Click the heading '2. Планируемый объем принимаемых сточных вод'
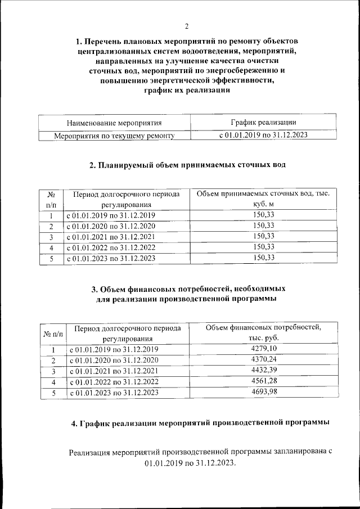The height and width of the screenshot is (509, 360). [187, 165]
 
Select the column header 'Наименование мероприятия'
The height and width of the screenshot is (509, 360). [114, 123]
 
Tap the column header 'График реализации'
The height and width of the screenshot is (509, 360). [263, 122]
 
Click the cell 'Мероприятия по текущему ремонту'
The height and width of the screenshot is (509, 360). [114, 136]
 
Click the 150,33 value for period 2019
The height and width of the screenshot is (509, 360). [263, 215]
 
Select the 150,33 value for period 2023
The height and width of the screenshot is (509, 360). [263, 258]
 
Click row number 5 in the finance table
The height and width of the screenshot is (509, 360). [53, 393]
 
